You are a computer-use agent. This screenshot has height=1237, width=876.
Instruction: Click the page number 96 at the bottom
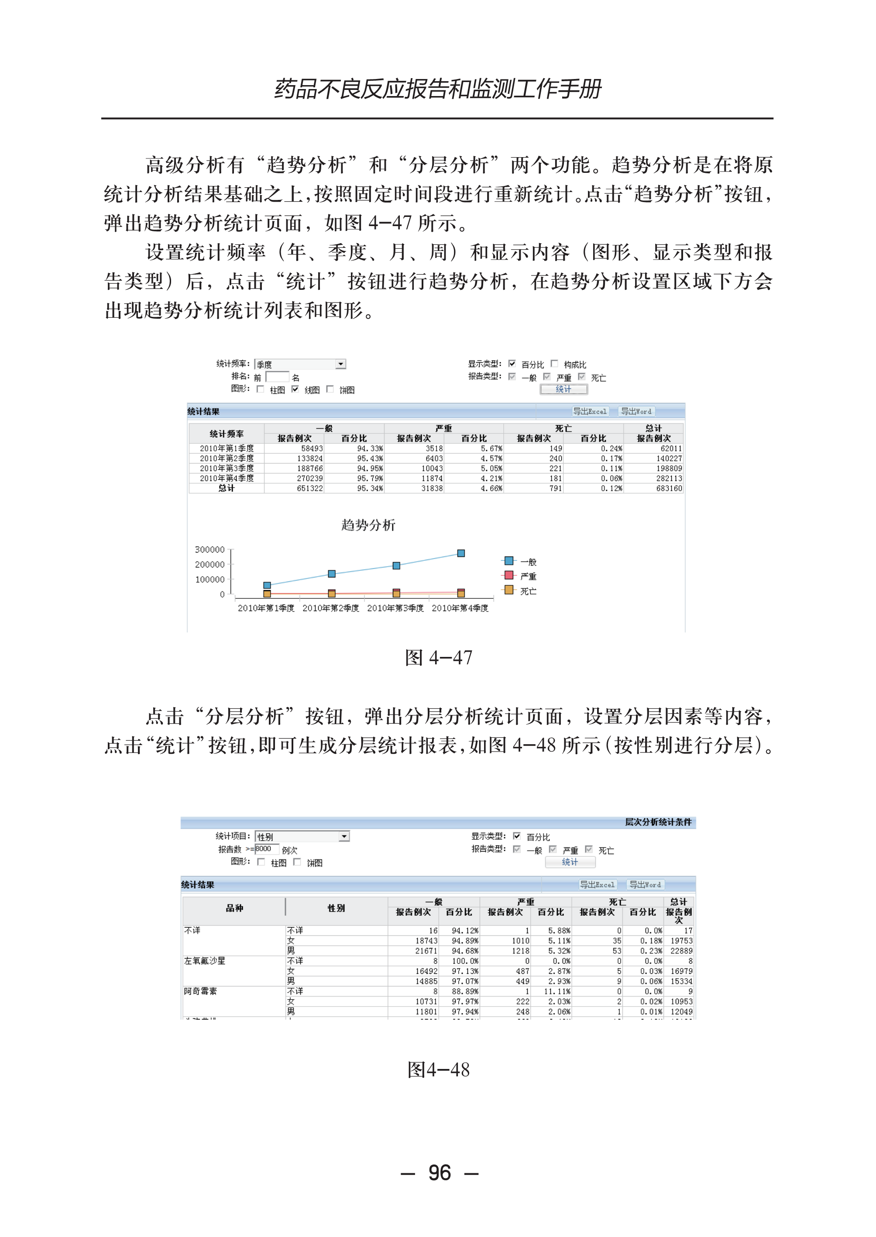(x=439, y=1173)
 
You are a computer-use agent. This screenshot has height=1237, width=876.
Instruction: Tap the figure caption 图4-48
(x=438, y=1069)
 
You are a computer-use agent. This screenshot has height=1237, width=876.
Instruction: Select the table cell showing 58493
(x=312, y=448)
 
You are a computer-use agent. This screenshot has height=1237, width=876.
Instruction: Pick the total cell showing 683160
(x=668, y=488)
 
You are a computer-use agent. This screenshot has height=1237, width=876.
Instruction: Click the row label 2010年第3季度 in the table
(x=227, y=468)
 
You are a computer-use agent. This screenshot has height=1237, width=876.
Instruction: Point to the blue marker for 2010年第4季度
(x=460, y=553)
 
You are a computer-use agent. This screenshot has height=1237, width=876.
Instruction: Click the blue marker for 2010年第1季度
(x=267, y=585)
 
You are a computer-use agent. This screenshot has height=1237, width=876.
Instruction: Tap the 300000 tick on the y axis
(x=210, y=550)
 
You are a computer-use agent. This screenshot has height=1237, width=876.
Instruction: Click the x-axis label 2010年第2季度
(x=331, y=608)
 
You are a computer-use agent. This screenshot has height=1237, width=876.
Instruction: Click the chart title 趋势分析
(x=368, y=525)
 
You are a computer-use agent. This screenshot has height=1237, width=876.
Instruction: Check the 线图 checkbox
(x=295, y=389)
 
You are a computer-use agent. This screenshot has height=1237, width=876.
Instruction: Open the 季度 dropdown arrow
(x=340, y=364)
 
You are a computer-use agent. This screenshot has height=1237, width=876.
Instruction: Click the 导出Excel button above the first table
(x=590, y=412)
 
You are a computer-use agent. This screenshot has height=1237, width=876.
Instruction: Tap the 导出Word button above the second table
(x=645, y=885)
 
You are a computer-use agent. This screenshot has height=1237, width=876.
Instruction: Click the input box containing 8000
(x=267, y=849)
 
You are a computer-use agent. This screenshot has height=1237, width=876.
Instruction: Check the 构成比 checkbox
(x=554, y=364)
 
